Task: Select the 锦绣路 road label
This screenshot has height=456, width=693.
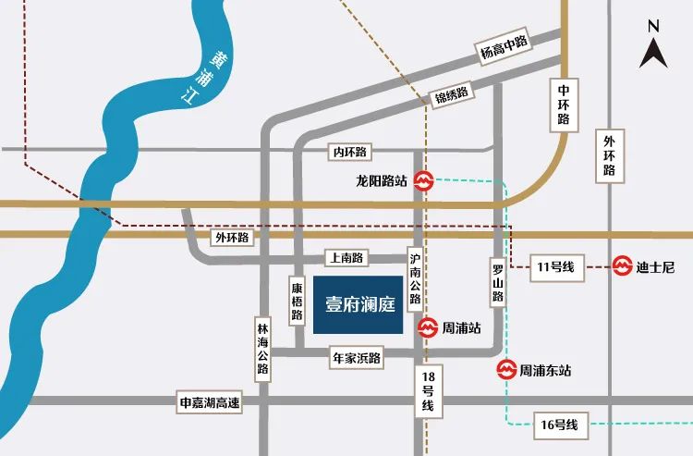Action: click(x=452, y=93)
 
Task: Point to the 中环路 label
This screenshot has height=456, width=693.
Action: click(x=563, y=105)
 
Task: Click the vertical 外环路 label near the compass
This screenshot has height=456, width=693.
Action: click(x=609, y=156)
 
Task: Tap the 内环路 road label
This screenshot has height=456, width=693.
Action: click(x=348, y=151)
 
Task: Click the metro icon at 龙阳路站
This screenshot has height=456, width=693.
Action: click(x=424, y=181)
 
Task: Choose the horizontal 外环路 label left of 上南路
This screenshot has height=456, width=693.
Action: click(x=232, y=237)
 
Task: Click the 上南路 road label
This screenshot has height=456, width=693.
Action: click(x=345, y=258)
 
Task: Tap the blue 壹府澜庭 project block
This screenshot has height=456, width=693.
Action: click(x=358, y=305)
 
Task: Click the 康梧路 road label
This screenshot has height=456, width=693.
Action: click(x=297, y=302)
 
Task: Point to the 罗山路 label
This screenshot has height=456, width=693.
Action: click(x=497, y=283)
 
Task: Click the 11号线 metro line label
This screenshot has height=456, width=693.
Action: click(x=555, y=268)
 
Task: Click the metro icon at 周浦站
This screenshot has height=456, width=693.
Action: click(x=429, y=327)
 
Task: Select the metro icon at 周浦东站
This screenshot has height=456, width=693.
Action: click(x=505, y=371)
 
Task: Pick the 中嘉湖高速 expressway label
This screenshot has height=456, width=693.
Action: click(x=209, y=401)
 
